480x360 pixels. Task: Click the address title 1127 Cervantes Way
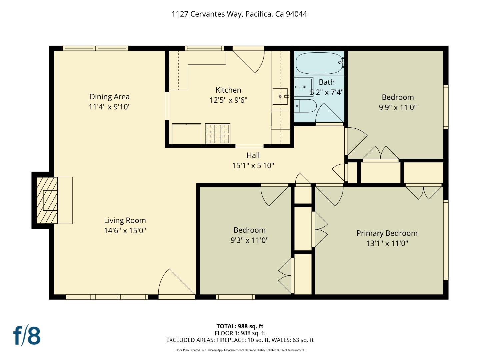click(239, 14)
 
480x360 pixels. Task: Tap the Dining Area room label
click(109, 97)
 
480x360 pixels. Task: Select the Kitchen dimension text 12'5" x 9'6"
click(228, 100)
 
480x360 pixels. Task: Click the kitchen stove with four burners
click(218, 134)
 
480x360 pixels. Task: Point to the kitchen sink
click(280, 96)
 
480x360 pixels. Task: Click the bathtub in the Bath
click(319, 63)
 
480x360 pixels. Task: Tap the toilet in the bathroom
click(305, 106)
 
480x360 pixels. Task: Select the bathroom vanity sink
click(304, 87)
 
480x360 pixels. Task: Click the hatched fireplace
click(47, 200)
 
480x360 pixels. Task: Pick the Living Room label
click(125, 220)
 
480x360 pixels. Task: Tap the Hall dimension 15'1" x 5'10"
click(253, 165)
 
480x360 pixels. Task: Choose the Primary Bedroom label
click(387, 233)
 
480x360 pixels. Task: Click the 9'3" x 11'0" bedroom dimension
click(249, 240)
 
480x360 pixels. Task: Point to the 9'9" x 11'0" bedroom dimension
click(398, 107)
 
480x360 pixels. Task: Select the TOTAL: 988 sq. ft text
click(240, 326)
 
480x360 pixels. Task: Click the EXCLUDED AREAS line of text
click(240, 340)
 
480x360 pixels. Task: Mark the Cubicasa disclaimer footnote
click(240, 350)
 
